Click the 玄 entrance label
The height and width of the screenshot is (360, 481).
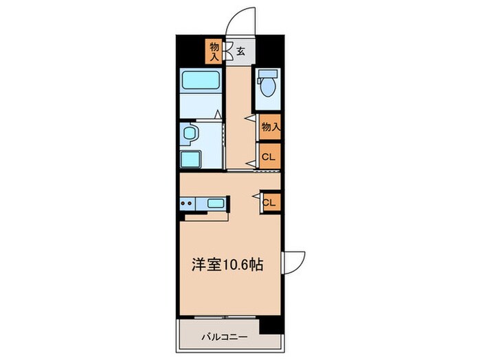coord(241,50)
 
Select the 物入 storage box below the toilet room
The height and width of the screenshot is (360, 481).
coord(270,126)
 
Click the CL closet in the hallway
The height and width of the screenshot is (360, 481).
coord(269,156)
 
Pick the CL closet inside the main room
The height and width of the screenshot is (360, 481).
coord(270,202)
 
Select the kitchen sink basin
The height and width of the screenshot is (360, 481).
coord(216,203)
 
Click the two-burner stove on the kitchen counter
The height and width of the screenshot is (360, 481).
coord(187,203)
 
